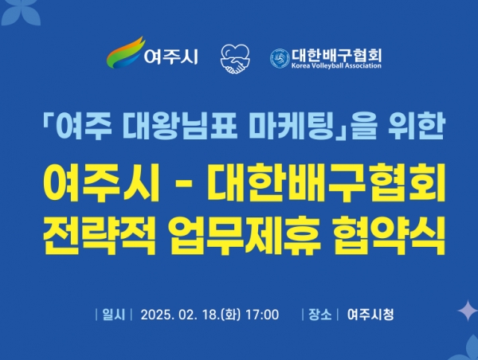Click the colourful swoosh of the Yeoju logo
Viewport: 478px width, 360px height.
[125, 53]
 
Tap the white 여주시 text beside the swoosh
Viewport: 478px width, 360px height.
[171, 57]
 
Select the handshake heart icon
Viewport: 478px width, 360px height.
[235, 59]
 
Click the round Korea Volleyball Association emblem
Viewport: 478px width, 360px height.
[280, 58]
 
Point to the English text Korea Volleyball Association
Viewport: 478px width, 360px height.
[336, 65]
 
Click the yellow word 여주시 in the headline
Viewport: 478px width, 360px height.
[100, 182]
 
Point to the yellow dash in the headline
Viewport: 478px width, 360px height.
[184, 184]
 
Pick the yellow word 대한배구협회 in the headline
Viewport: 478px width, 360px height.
[326, 182]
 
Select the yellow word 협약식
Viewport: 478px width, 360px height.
[389, 236]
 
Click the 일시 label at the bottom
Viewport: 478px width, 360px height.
[114, 315]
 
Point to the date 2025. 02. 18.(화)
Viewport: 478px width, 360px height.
[190, 315]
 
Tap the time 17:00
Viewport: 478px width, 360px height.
[262, 315]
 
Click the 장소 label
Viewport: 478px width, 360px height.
[319, 315]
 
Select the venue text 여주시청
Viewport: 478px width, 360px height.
[370, 315]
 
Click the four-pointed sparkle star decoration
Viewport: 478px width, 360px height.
[468, 311]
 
